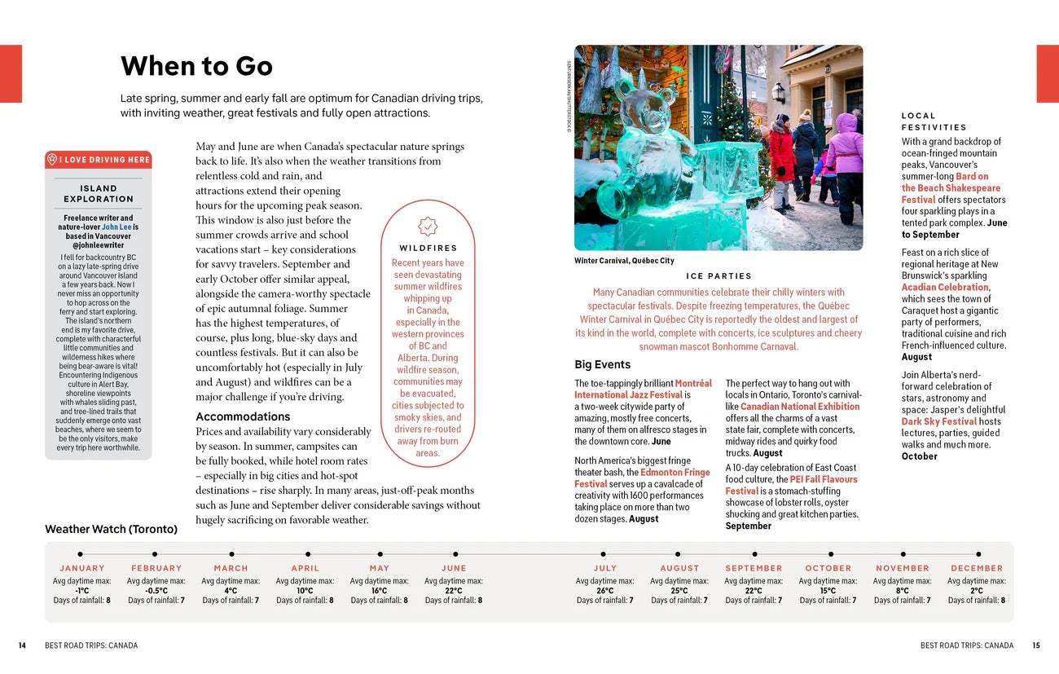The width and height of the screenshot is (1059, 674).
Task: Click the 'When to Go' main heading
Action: point(196,66)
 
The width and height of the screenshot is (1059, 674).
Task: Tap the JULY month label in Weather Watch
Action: point(605,568)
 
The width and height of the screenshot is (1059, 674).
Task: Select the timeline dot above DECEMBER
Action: point(977,554)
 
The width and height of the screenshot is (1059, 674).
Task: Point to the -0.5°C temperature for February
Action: point(156,591)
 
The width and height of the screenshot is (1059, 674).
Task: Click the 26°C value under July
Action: point(604,591)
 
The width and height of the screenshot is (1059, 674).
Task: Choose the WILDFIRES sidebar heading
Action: point(428,248)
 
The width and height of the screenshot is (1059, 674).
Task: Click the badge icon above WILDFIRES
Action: point(428,227)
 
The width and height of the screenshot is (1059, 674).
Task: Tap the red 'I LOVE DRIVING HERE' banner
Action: point(99,160)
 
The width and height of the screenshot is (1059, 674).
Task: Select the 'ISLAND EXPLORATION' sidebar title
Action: point(99,193)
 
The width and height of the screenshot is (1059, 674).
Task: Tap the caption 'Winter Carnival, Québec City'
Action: point(624,261)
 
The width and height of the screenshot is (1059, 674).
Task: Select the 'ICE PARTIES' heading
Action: point(718,276)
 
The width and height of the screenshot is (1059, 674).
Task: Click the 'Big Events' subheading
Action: point(602,364)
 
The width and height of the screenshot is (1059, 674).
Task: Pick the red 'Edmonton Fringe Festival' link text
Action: point(675,473)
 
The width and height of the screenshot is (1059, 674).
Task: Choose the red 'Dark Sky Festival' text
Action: point(938,421)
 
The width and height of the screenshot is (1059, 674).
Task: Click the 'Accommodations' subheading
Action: point(243,416)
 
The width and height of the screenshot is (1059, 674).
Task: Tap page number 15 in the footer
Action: point(1035,645)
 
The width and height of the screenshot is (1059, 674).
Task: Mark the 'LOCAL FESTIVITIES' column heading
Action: point(934,121)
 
